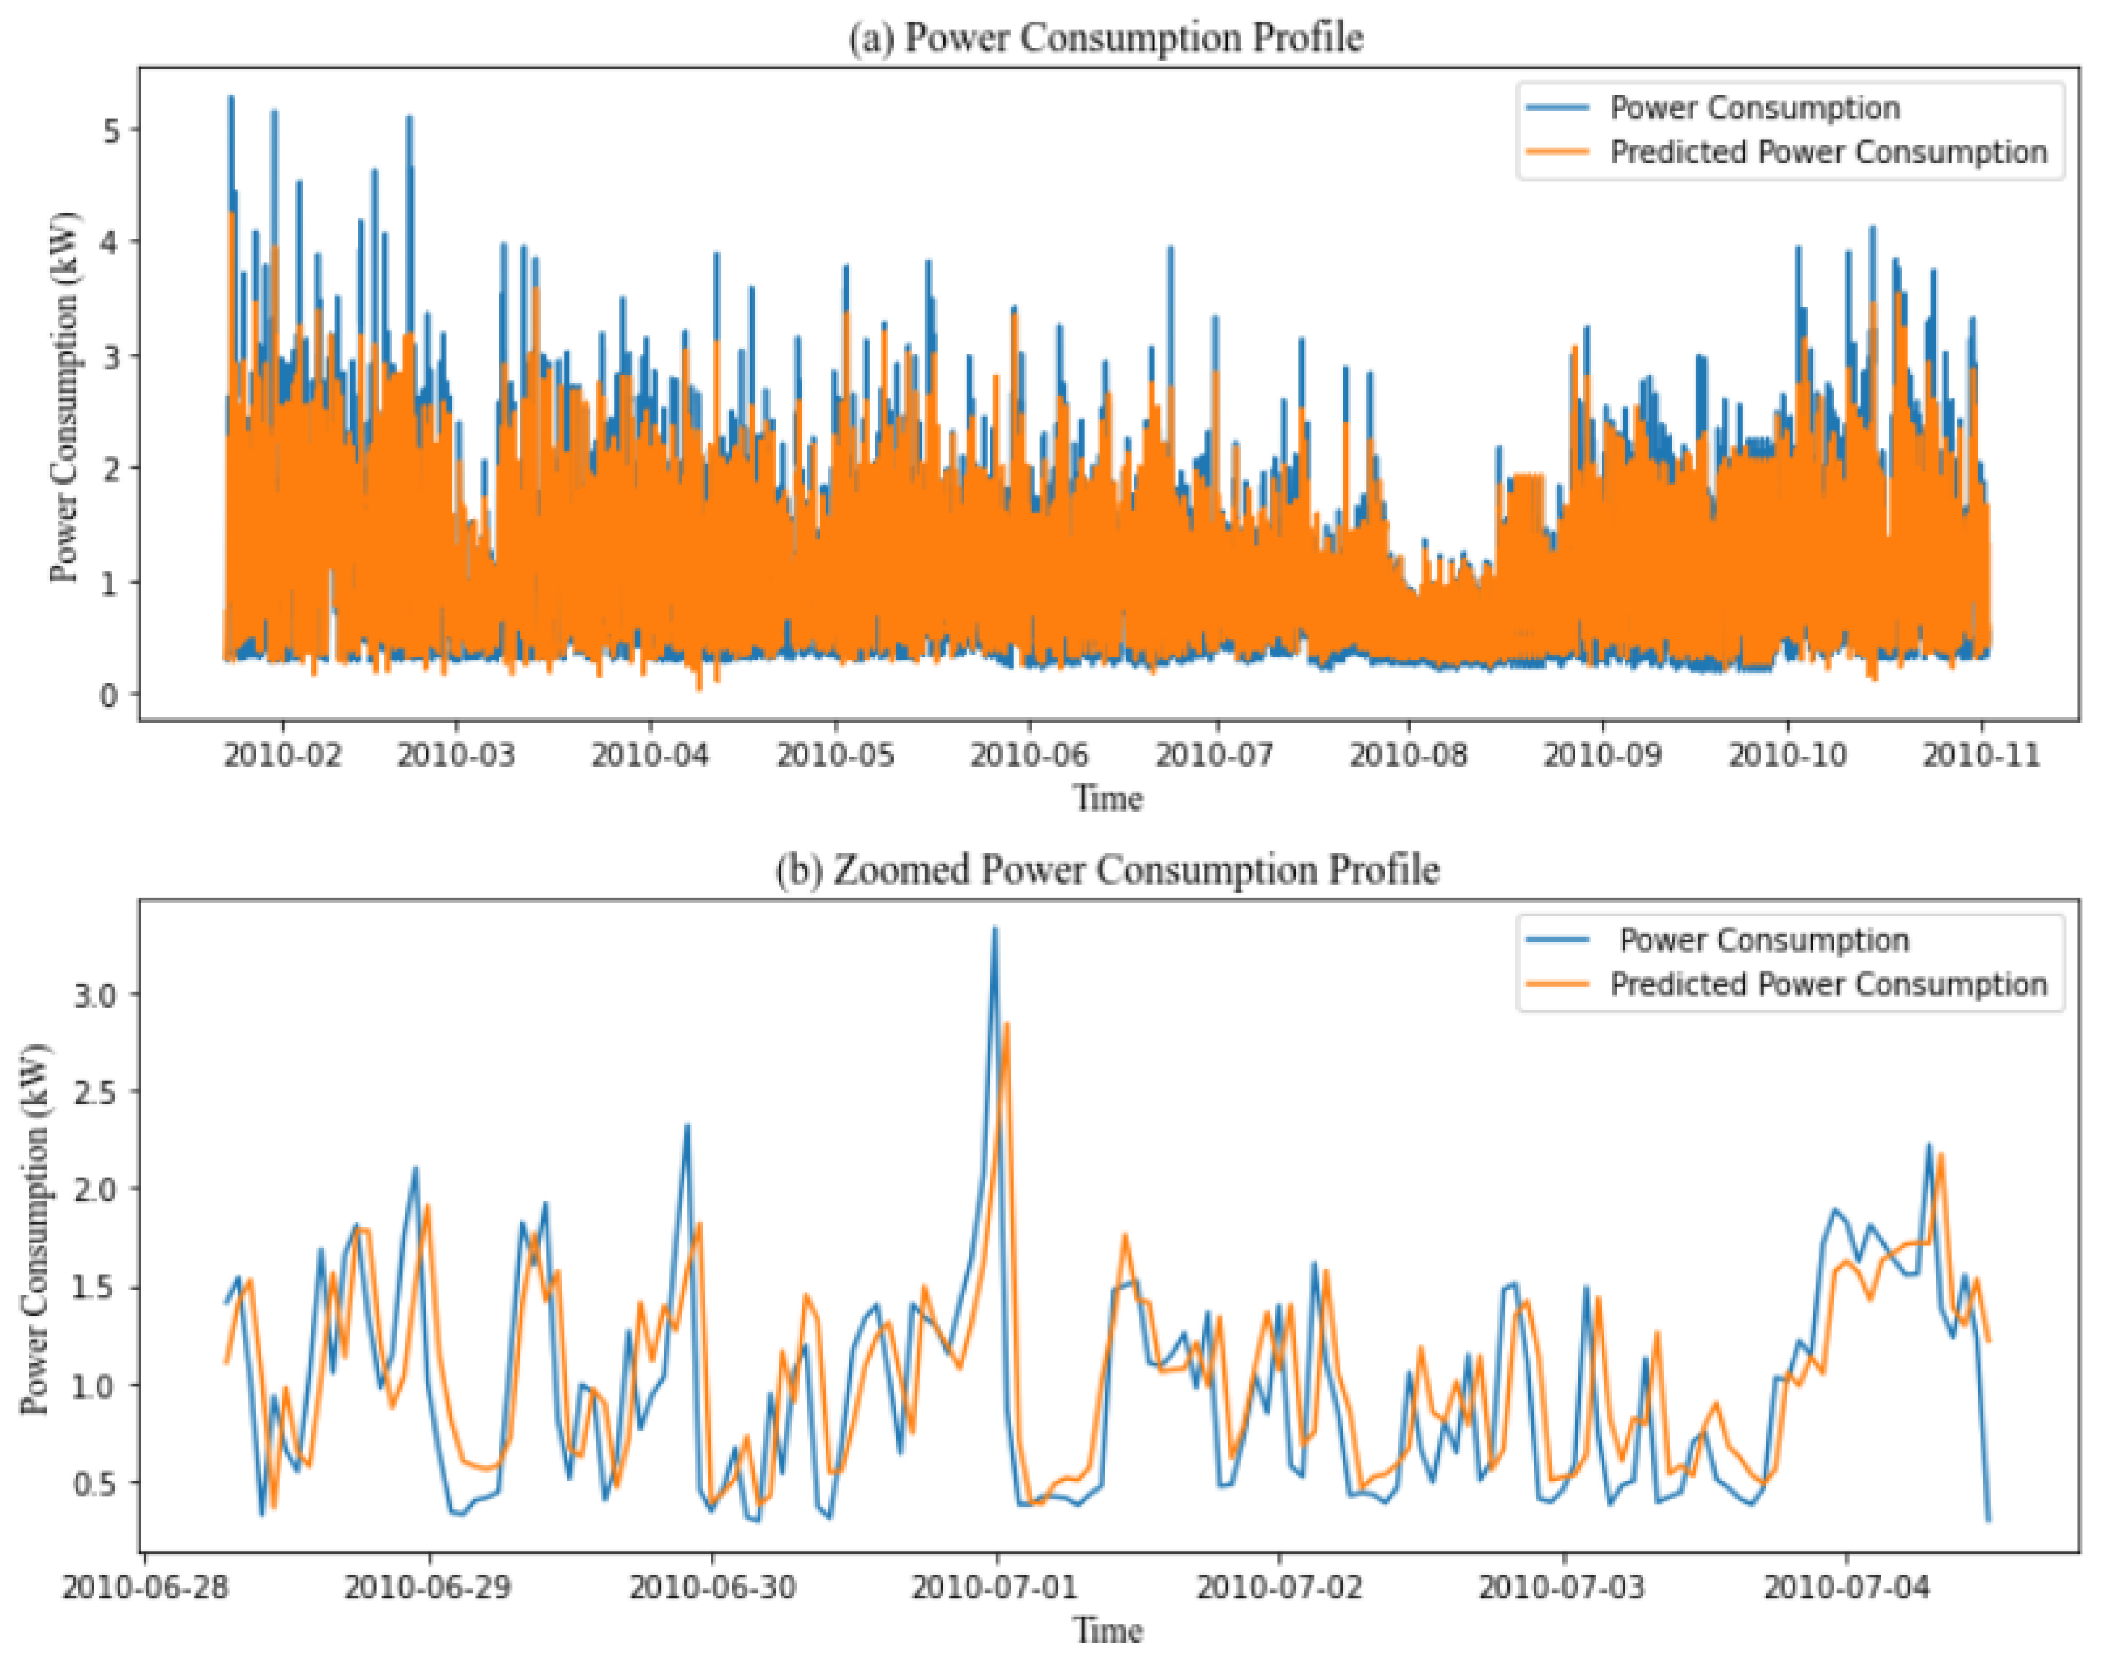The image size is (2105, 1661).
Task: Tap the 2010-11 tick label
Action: (1981, 755)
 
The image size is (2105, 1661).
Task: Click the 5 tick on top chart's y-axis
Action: (111, 129)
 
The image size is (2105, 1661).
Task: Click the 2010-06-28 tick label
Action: (146, 1588)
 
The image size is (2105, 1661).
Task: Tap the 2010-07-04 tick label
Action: (1846, 1588)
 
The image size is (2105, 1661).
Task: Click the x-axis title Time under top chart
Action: (1107, 798)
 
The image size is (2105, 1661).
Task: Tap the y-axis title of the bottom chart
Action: (35, 1228)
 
